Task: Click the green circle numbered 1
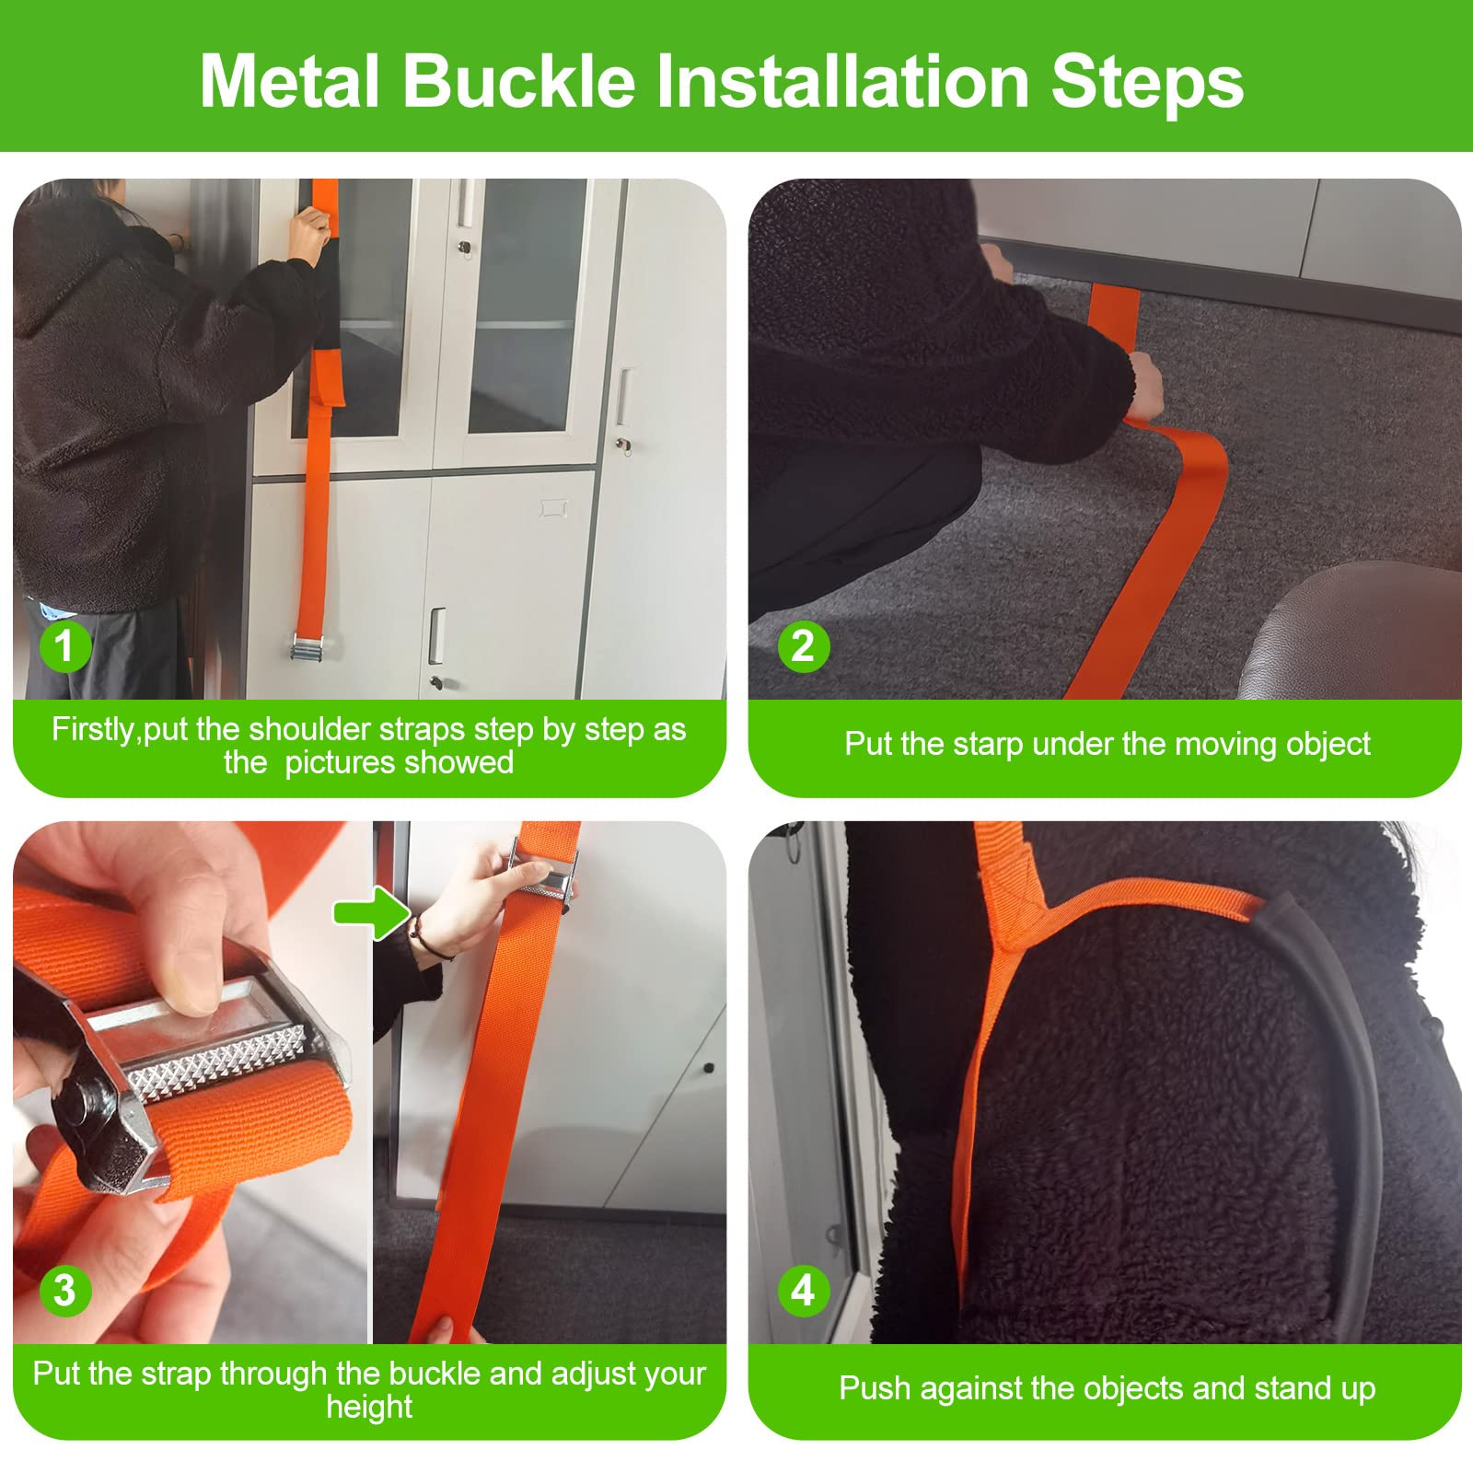coord(64,645)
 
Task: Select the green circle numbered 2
coord(803,645)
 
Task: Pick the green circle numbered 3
coord(64,1290)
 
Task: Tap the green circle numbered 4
coord(803,1290)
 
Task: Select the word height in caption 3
coord(369,1407)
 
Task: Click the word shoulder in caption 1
coord(307,729)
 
